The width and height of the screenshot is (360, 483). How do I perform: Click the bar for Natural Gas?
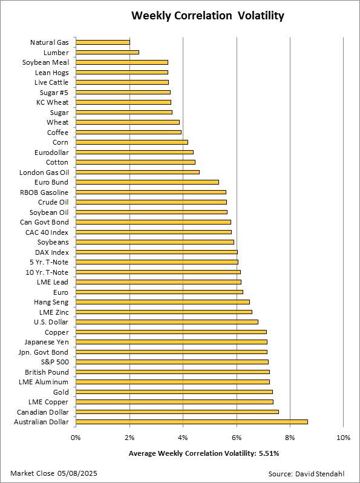pos(103,42)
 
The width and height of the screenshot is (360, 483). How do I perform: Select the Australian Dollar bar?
pos(192,422)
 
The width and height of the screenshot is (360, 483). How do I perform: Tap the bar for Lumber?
pos(108,53)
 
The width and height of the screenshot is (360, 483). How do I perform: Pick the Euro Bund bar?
pos(147,182)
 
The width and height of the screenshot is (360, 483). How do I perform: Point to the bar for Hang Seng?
pos(163,302)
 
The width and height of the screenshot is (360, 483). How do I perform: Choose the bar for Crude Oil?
pos(151,202)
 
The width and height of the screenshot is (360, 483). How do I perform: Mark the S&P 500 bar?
pos(172,362)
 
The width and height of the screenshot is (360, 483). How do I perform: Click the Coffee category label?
pos(57,133)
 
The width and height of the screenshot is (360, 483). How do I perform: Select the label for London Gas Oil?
pos(44,172)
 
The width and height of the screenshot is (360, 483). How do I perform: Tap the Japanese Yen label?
pos(47,342)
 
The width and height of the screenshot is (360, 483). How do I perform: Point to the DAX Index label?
pos(52,252)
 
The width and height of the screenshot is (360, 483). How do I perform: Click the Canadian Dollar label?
pos(43,412)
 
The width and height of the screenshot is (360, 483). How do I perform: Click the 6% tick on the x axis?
pos(237,438)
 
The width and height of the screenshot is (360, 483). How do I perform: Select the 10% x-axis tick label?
pos(344,438)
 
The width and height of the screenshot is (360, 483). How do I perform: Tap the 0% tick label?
pos(76,438)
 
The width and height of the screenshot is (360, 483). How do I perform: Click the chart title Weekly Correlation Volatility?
pos(208,15)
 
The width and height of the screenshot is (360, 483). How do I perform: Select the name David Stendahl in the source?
pos(319,474)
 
